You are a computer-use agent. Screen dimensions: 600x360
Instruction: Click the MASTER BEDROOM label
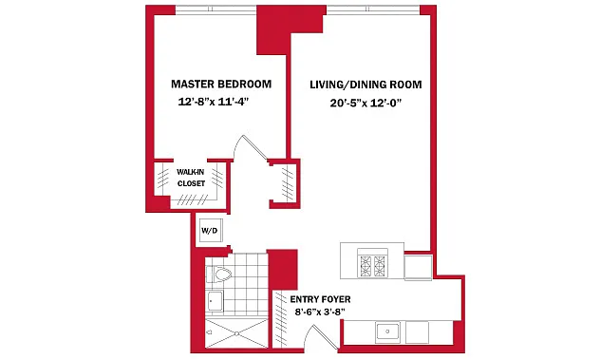click(221, 84)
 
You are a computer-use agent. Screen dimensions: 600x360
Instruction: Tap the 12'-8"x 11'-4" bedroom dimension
click(214, 102)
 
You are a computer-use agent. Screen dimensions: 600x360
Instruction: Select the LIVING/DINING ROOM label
click(366, 85)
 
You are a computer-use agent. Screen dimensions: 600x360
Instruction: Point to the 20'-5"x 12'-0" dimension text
click(366, 103)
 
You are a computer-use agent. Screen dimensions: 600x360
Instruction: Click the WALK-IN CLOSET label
click(191, 178)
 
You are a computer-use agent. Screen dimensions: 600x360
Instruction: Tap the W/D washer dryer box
click(210, 230)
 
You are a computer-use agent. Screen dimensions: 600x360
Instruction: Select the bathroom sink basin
click(215, 301)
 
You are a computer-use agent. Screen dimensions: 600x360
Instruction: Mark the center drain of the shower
click(236, 333)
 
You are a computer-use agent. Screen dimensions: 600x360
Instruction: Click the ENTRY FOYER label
click(320, 299)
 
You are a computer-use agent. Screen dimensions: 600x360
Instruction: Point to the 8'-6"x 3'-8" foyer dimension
click(320, 312)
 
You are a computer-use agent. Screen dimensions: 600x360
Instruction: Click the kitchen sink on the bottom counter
click(387, 332)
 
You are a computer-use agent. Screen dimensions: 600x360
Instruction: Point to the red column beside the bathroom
click(282, 269)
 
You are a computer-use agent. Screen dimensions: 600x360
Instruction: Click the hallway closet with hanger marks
click(284, 184)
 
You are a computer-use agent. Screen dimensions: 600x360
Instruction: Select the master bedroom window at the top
click(216, 9)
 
